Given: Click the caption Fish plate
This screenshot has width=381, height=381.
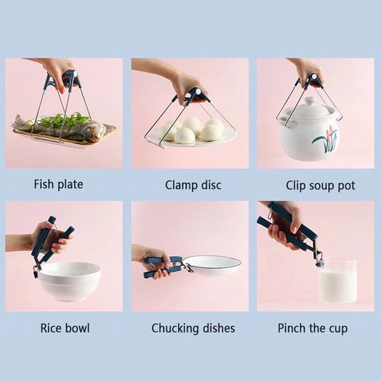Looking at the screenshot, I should point(59,184).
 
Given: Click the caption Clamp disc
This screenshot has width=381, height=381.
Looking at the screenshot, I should point(193,185).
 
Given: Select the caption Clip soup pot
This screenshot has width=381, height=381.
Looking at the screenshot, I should point(320,186).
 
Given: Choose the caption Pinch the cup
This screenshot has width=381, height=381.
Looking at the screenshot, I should point(312,328).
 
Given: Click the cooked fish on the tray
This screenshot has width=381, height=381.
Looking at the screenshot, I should point(61,129).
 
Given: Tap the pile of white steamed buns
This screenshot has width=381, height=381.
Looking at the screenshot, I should point(192,129).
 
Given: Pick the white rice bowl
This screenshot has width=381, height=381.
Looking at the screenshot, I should point(69,281).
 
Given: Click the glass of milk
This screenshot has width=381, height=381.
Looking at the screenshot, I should point(337,282).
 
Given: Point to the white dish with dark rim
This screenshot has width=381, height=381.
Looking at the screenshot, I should point(212,264).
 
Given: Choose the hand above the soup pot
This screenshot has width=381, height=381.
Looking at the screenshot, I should point(307,71).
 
